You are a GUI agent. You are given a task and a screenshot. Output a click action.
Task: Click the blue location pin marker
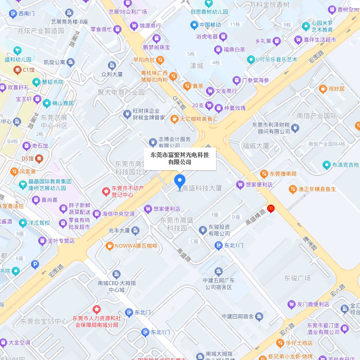179,182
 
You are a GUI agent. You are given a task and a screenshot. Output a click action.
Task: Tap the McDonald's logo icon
270,208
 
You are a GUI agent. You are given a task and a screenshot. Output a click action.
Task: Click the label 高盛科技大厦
202,189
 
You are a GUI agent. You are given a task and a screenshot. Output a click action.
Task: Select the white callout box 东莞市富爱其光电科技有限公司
180,158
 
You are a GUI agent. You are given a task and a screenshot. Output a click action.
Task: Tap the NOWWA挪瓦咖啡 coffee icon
109,246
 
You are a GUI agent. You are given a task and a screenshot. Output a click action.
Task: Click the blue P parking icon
35,265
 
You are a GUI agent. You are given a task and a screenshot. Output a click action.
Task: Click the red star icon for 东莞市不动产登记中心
106,191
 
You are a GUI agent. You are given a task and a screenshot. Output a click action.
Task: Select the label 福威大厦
255,146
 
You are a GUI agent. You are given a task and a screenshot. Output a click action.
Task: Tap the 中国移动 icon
194,24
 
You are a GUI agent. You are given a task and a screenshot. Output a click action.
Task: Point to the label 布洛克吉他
345,165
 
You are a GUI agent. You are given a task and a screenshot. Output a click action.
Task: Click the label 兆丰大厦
119,230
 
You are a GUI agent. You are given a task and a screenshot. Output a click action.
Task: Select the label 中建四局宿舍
238,316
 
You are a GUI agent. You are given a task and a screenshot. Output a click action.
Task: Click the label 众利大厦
112,74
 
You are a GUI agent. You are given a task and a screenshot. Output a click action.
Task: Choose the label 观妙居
336,89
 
